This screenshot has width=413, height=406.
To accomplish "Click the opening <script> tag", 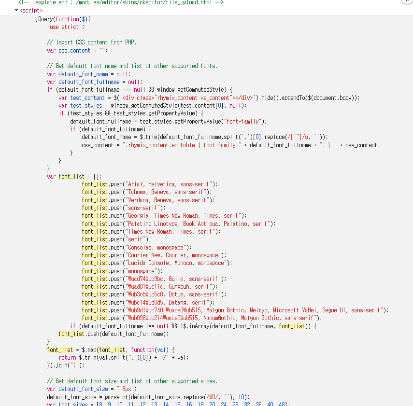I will (x=31, y=10).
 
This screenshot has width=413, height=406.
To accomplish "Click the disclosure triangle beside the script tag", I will (x=17, y=10).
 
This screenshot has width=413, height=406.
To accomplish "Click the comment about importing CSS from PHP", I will (x=92, y=42).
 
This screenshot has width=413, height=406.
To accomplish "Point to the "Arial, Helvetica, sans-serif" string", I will (x=171, y=184).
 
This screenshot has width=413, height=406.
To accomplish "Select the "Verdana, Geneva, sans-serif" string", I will (x=170, y=200).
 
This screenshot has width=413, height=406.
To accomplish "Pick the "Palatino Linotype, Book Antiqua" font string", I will (x=199, y=224).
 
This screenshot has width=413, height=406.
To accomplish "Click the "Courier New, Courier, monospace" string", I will (x=173, y=255).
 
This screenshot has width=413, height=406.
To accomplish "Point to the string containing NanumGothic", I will (x=221, y=318).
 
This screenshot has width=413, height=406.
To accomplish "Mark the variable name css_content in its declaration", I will (x=74, y=50).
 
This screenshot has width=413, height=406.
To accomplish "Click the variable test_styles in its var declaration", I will (x=86, y=105).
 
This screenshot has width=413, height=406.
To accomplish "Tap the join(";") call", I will (x=65, y=365).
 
